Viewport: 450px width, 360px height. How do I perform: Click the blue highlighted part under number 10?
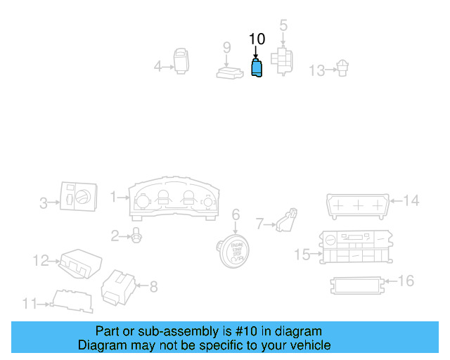(257, 70)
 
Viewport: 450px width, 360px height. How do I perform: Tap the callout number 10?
(257, 39)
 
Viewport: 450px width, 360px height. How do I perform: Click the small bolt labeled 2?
(137, 237)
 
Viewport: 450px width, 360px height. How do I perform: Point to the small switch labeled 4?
(181, 61)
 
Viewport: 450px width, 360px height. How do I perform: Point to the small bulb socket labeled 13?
(342, 68)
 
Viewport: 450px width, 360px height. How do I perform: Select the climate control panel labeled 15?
(353, 247)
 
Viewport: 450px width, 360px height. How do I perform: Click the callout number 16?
(406, 281)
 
